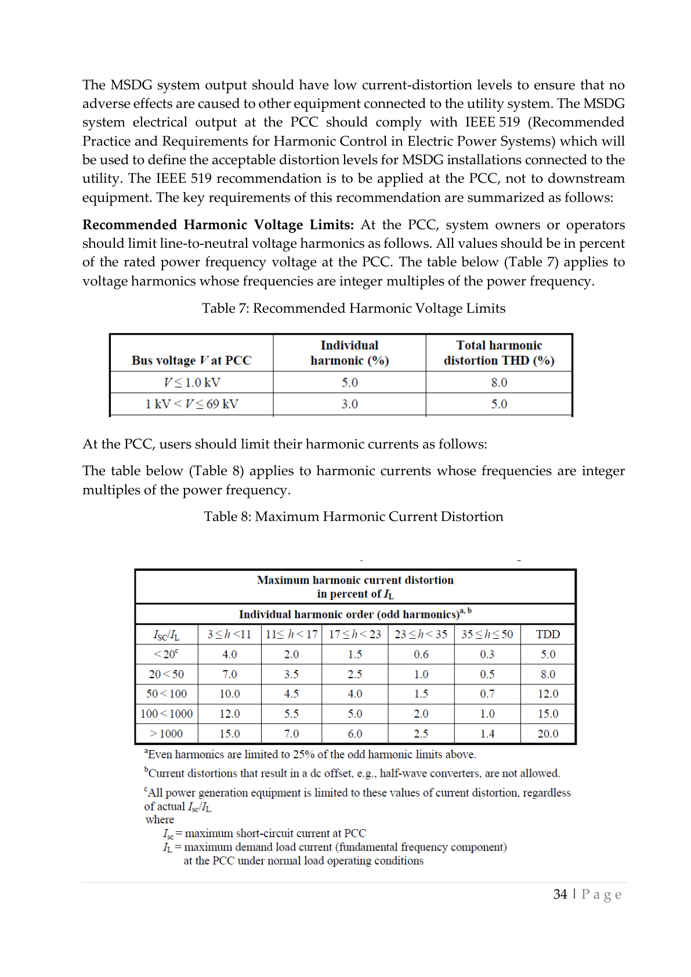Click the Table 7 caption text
coord(353,308)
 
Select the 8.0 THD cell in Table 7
coord(499,382)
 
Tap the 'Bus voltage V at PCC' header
coord(191,360)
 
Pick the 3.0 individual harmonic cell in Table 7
coord(349,404)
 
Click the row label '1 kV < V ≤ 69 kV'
coord(191,404)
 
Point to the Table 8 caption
coord(353,516)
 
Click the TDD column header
coord(548,634)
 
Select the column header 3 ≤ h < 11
coord(229,634)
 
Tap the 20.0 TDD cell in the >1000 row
coord(548,733)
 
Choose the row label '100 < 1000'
coord(167,714)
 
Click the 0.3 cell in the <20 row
coord(487,654)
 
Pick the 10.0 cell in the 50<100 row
coord(229,694)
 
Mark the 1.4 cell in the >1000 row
coord(487,733)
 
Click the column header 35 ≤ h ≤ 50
coord(487,634)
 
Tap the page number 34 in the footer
coord(560,894)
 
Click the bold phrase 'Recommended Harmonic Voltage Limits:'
coord(218,225)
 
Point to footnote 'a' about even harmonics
coord(310,754)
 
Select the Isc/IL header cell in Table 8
coord(167,635)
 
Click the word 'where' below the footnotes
coord(160,819)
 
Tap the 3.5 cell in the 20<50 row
coord(291,674)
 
